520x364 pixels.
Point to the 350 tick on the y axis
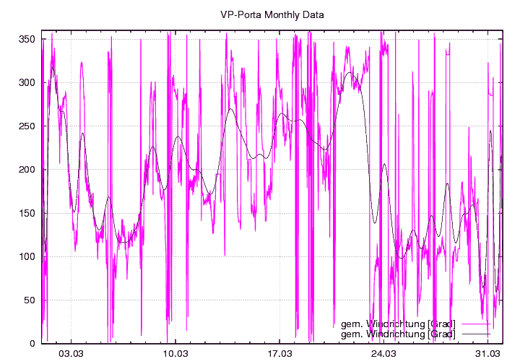pyautogui.click(x=27, y=39)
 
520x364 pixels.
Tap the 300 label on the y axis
pyautogui.click(x=27, y=82)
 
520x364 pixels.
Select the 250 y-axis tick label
pyautogui.click(x=27, y=126)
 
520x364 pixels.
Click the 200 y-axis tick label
pyautogui.click(x=27, y=170)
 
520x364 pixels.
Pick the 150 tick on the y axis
pyautogui.click(x=27, y=213)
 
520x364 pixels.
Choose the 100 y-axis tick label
pyautogui.click(x=27, y=256)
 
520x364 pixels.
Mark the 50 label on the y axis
pyautogui.click(x=30, y=300)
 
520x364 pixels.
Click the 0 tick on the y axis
pyautogui.click(x=32, y=344)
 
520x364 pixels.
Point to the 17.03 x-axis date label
pyautogui.click(x=279, y=354)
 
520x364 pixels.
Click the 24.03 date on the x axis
pyautogui.click(x=383, y=354)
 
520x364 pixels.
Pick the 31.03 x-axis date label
pyautogui.click(x=487, y=354)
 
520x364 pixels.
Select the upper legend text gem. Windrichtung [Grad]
pyautogui.click(x=398, y=324)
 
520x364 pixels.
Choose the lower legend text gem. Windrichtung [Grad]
pyautogui.click(x=398, y=334)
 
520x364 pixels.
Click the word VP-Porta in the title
pyautogui.click(x=241, y=14)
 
